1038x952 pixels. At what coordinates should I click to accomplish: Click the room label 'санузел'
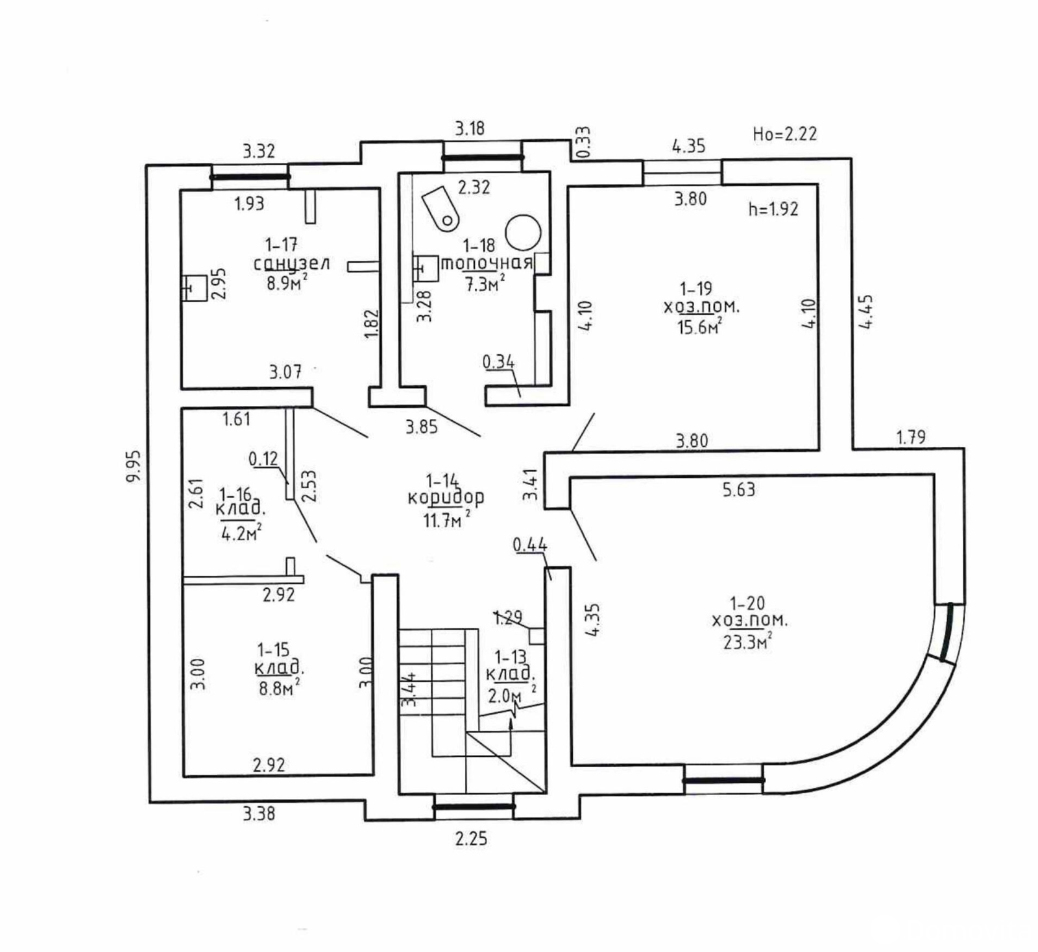pos(291,264)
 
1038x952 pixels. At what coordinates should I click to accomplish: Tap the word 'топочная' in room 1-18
pos(487,263)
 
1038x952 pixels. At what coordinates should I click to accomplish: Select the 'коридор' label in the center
pos(446,498)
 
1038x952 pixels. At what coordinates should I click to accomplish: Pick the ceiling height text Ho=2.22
pos(784,134)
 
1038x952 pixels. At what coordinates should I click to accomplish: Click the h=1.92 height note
pos(773,209)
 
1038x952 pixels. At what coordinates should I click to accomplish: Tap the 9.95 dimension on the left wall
pos(134,466)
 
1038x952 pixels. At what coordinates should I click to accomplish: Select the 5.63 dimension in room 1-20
pos(739,490)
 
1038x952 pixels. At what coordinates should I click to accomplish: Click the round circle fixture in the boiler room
pos(523,232)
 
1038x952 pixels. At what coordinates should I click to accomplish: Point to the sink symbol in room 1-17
pos(194,288)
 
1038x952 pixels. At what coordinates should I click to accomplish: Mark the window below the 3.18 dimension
pos(482,157)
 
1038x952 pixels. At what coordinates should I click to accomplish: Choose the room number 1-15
pos(273,650)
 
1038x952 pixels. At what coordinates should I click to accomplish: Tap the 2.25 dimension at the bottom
pos(471,839)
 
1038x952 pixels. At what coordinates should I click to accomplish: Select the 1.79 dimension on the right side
pos(911,437)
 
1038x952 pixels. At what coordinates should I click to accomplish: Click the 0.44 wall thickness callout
pos(530,545)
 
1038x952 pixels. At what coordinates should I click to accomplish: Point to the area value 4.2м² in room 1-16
pos(241,534)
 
